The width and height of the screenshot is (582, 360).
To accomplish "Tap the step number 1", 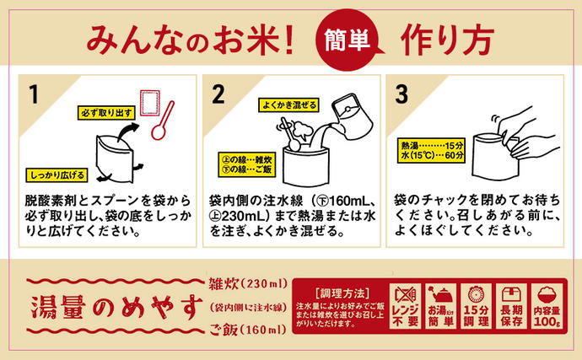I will pos(34,95).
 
